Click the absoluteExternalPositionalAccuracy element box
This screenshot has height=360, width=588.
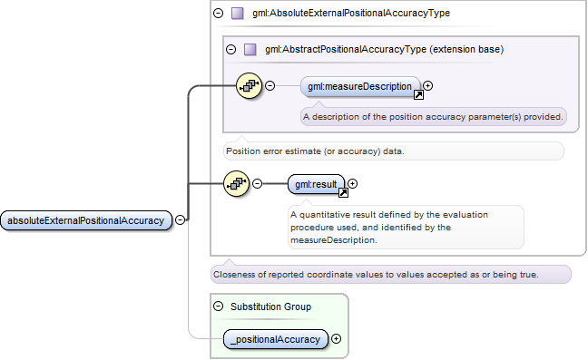coord(86,220)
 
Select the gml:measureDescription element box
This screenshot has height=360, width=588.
coord(360,86)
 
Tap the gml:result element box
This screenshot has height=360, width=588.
coord(316,184)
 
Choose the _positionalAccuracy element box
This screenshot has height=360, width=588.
coord(276,339)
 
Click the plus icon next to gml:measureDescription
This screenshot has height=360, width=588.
coord(428,86)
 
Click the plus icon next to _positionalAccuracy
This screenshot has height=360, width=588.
coord(337,338)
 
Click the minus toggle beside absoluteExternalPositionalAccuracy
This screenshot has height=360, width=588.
coord(181,219)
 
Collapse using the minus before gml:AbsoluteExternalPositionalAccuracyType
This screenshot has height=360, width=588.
coord(219,14)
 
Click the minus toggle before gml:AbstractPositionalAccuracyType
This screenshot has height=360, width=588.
coord(231,49)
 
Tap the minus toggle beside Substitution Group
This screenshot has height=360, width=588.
coord(219,306)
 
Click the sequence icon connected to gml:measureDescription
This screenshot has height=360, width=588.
coord(250,86)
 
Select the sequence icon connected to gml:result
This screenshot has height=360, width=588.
coord(237,183)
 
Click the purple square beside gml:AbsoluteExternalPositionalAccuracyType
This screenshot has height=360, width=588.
coord(238,14)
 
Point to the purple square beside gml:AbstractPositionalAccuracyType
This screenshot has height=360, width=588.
coord(250,50)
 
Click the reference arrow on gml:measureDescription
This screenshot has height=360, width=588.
coord(418,95)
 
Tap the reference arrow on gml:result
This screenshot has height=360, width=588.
coord(343,192)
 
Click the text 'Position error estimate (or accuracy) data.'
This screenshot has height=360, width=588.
coord(315,151)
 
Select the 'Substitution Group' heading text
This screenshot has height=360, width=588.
coord(270,306)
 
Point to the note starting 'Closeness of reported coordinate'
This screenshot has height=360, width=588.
coord(391,274)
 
